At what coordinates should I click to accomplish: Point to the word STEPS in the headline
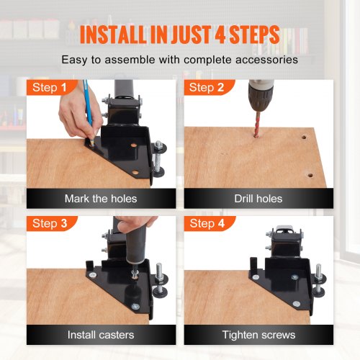[255, 35]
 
